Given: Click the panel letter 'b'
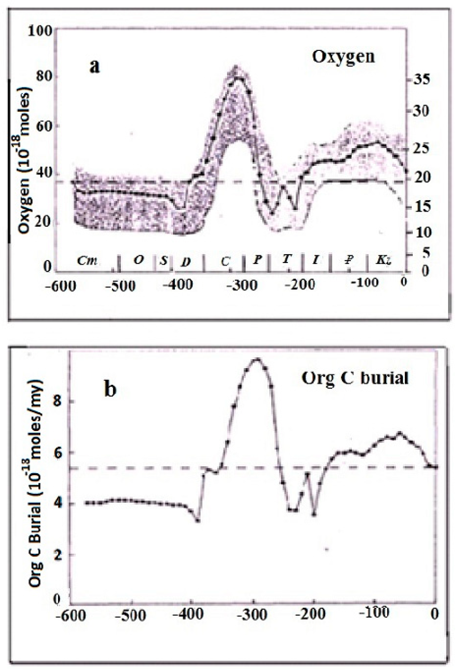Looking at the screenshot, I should [110, 389].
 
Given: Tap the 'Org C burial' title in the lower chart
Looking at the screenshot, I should [355, 377].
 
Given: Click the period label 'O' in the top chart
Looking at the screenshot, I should [139, 259].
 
